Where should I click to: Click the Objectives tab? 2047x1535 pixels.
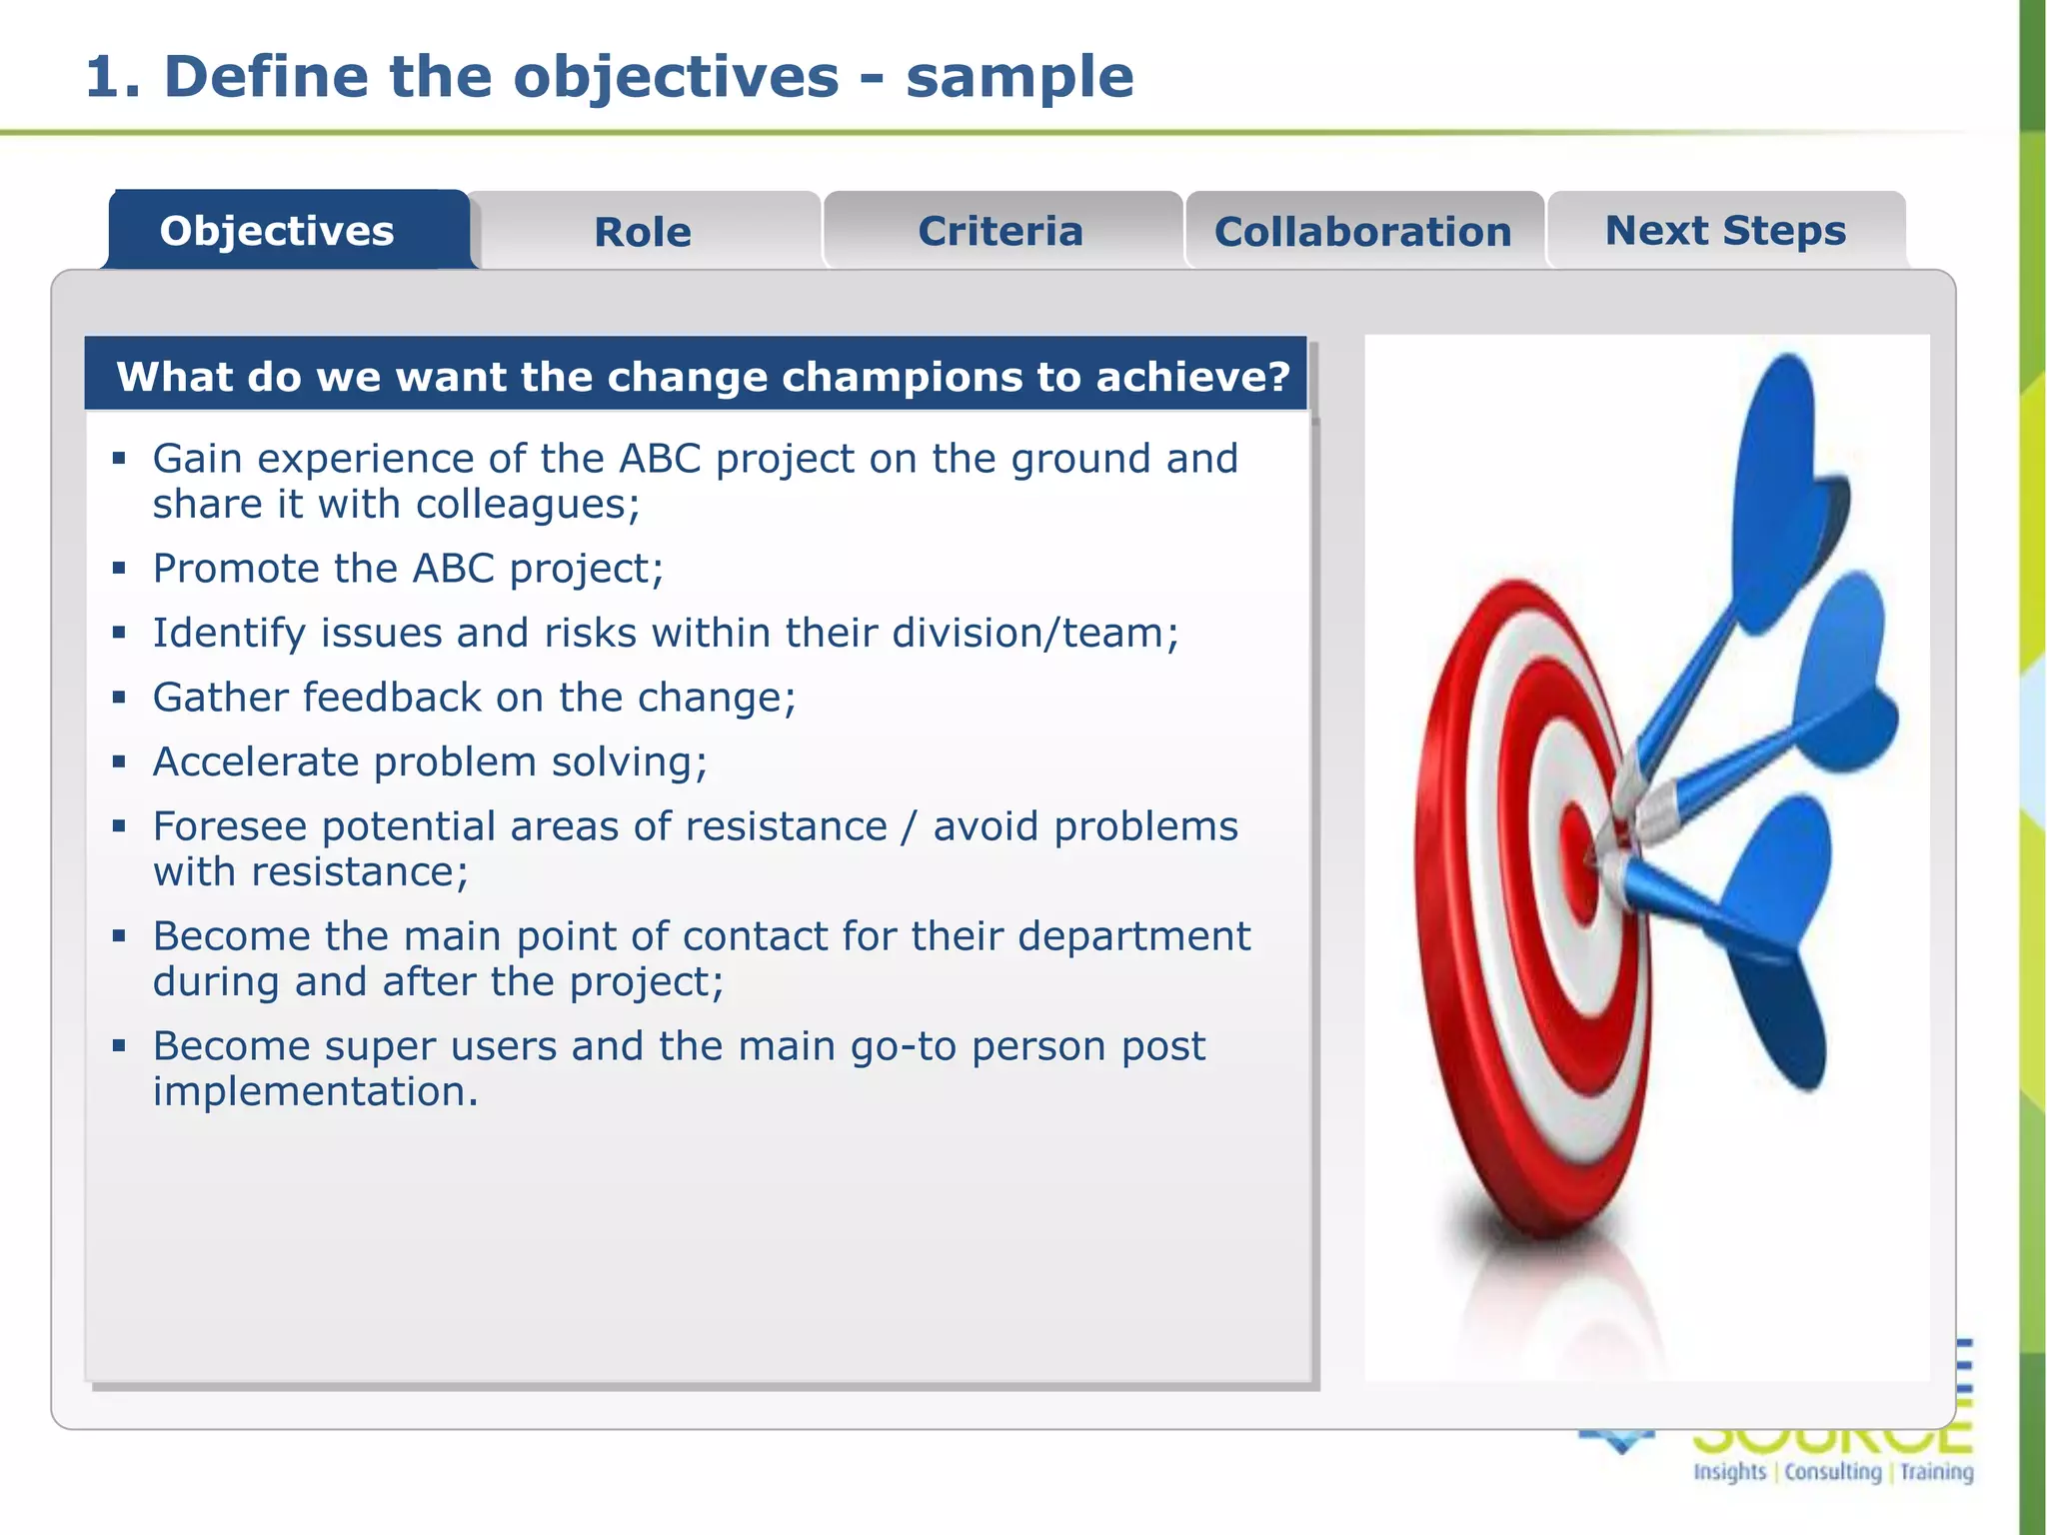click(277, 231)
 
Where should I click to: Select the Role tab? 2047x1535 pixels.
click(643, 232)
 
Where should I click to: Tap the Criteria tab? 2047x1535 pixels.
click(1001, 231)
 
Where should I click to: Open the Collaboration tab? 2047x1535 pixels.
click(1362, 232)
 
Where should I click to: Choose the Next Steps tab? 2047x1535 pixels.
click(1725, 231)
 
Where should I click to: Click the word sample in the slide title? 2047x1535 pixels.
click(1020, 77)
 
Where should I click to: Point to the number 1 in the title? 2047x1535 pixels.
click(102, 77)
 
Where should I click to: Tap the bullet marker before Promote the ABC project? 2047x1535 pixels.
click(120, 569)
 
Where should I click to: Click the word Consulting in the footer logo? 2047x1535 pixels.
click(1833, 1471)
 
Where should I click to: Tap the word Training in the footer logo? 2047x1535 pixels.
click(1937, 1471)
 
